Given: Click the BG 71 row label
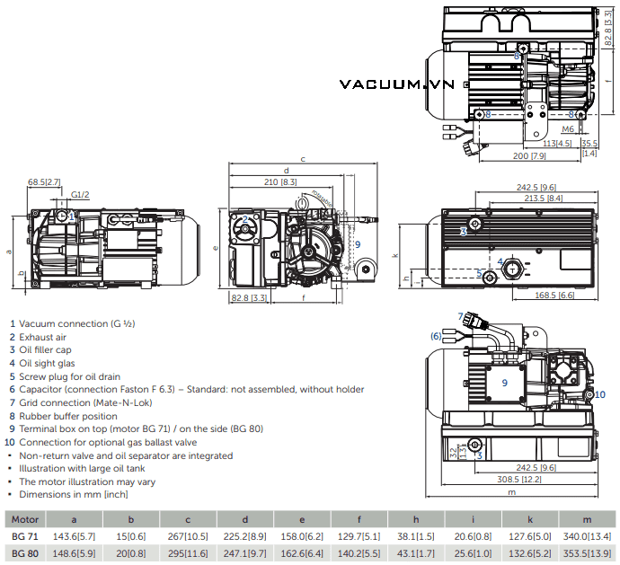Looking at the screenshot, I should coord(24,535).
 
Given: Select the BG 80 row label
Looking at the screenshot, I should coord(24,552).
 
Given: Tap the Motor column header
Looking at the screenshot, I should coord(24,518).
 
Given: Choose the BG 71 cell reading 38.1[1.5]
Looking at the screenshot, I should coord(416,535).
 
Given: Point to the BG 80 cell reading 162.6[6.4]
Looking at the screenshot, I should coord(303,552).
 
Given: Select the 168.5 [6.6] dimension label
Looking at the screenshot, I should coord(554,295).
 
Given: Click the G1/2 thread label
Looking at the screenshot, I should coord(81,194).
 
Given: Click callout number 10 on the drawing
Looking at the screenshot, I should coord(600,394).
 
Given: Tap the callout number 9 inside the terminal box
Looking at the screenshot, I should coord(505,383).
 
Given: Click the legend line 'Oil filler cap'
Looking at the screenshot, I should coord(53,349).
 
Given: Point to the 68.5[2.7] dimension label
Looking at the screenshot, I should coord(44,182).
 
